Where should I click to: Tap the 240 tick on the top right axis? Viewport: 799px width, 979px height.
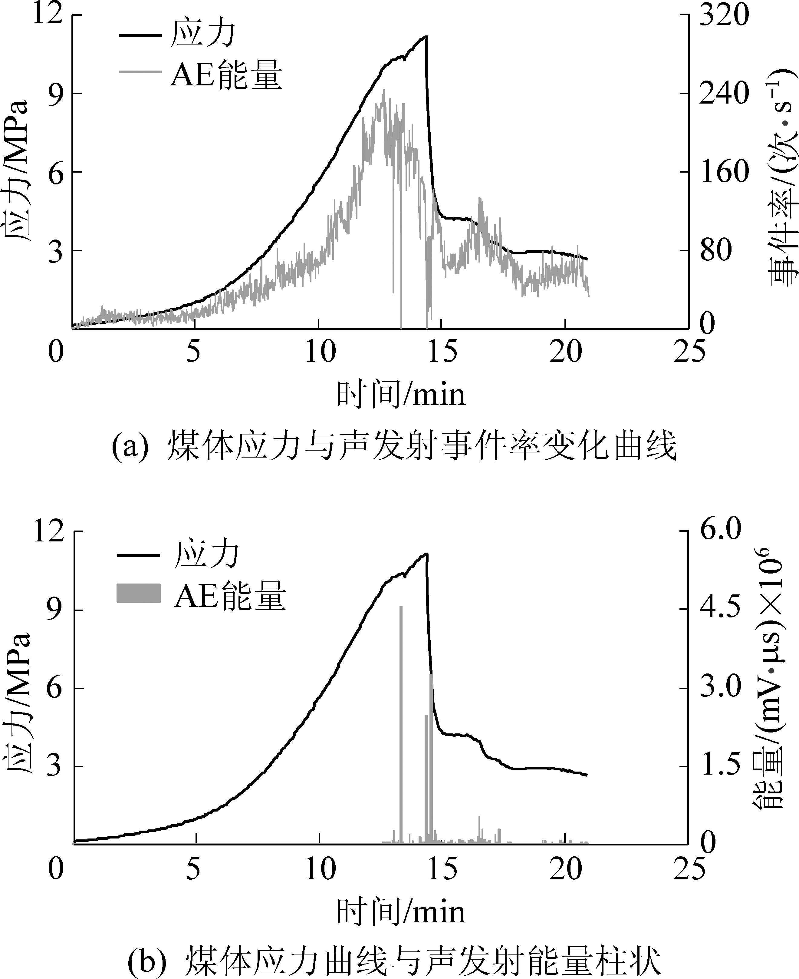[x=724, y=94]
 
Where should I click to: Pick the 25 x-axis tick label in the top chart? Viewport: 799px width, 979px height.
[x=689, y=353]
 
